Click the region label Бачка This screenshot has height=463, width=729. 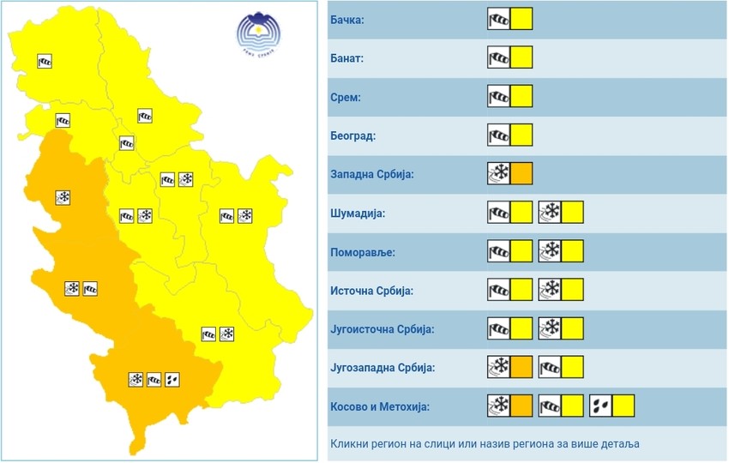click(x=348, y=20)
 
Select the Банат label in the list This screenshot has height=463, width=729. click(x=347, y=58)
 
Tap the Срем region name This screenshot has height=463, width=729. click(x=345, y=97)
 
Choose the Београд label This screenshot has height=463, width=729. click(x=352, y=135)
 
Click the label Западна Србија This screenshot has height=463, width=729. click(x=372, y=174)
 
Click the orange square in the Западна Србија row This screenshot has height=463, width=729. click(x=521, y=174)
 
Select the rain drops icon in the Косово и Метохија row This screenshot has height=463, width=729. click(x=600, y=406)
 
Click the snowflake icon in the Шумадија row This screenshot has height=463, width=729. click(x=550, y=213)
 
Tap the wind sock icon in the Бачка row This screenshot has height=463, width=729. click(x=498, y=20)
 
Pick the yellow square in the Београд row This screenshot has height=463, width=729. click(x=521, y=135)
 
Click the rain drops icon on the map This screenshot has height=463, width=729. click(x=173, y=378)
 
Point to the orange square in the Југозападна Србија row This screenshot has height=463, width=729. click(x=521, y=368)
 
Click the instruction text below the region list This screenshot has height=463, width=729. click(x=485, y=444)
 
